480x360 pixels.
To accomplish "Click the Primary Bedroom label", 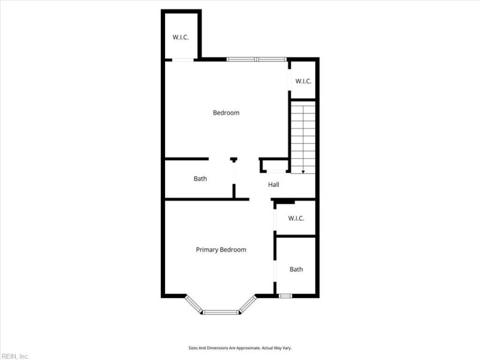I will coord(221,250).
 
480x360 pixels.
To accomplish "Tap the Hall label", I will coord(274,184).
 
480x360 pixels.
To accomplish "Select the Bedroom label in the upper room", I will coord(226,113).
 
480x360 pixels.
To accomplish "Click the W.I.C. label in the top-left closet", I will coord(181,37).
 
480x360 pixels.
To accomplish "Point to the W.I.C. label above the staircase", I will coord(303,80).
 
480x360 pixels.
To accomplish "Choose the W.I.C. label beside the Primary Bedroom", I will coord(296,218).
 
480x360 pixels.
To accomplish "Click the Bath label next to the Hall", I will coord(200,179).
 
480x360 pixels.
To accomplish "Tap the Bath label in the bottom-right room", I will coord(296,269).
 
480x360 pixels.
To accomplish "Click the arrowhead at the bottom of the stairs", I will coord(303,172).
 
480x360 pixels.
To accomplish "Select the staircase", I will coord(303,137).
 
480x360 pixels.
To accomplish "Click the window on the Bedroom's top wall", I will coord(256,59).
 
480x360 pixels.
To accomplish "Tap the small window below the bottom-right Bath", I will coord(286,296).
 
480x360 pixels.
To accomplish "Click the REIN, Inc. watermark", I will coord(16,356).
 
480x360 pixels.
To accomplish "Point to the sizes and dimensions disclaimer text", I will coord(239,347).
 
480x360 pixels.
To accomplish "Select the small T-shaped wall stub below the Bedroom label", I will coord(233,160).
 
